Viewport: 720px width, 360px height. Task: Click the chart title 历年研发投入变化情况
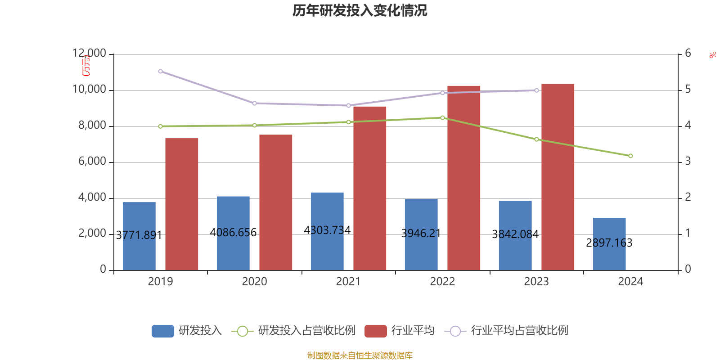[x=360, y=10]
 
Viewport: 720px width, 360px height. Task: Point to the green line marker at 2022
[x=442, y=117]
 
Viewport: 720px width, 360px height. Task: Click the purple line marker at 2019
[x=160, y=71]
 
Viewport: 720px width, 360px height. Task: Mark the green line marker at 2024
[x=630, y=156]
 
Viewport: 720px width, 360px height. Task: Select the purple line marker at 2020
[x=254, y=103]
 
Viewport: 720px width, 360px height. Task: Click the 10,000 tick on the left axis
[x=89, y=90]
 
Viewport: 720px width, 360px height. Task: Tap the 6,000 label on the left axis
[x=92, y=162]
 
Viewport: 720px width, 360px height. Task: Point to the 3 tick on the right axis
[x=688, y=161]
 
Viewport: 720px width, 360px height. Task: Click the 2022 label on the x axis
[x=442, y=282]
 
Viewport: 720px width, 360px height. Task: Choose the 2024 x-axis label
[x=630, y=282]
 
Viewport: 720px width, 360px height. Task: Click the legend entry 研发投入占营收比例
[x=306, y=331]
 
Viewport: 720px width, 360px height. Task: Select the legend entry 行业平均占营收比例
[x=519, y=331]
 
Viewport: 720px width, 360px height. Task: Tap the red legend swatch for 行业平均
[x=375, y=331]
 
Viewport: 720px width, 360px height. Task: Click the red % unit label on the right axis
[x=712, y=55]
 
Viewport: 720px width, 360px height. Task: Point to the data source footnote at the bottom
[x=360, y=355]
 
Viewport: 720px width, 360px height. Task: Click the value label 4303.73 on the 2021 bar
[x=327, y=230]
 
